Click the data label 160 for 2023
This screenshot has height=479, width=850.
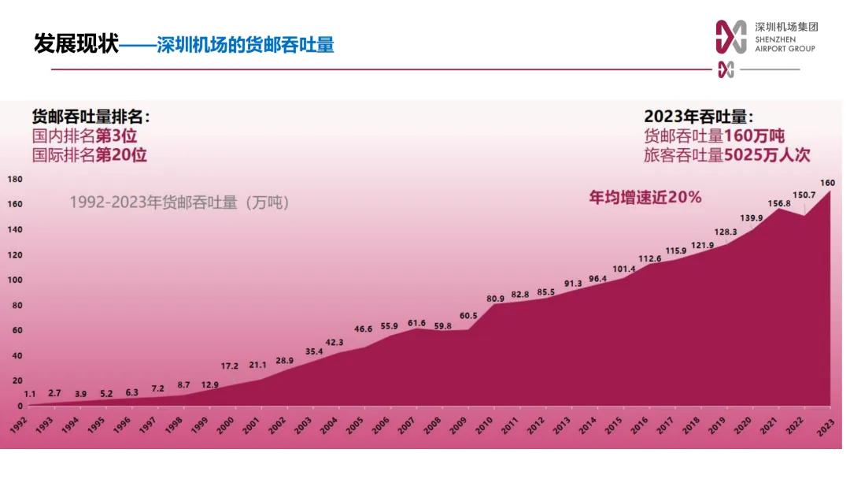(x=827, y=183)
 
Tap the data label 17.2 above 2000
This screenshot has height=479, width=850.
(x=228, y=366)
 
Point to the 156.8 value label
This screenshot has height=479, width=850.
(x=778, y=203)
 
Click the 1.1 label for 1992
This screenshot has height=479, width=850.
(x=30, y=394)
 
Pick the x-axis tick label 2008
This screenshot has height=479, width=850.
(x=431, y=425)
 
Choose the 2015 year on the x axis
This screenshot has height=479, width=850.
(x=612, y=425)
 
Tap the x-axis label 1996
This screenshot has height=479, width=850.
(x=121, y=425)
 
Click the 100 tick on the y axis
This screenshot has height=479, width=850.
(x=15, y=280)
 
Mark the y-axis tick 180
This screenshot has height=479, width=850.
(x=15, y=180)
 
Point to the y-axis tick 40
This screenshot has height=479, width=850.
(x=13, y=356)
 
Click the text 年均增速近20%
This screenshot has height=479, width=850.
(x=645, y=197)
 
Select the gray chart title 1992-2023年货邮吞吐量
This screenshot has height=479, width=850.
(x=179, y=202)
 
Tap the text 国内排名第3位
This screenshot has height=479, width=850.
(x=84, y=136)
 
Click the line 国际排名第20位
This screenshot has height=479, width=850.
(x=89, y=155)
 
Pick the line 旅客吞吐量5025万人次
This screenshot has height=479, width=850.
(x=726, y=155)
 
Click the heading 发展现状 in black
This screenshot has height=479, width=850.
(x=76, y=44)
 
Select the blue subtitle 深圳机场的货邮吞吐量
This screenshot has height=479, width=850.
(x=246, y=45)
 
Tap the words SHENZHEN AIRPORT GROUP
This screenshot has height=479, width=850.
(x=785, y=44)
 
